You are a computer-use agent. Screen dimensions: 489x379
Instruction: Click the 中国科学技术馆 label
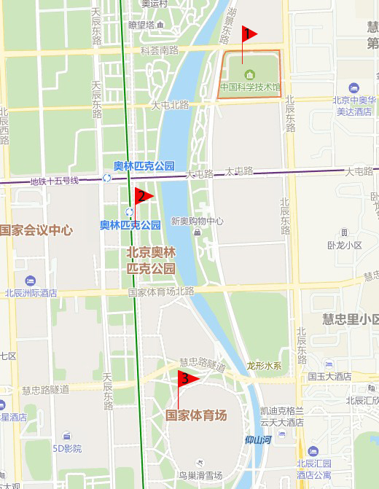250,87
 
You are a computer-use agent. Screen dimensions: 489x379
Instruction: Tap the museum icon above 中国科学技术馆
250,74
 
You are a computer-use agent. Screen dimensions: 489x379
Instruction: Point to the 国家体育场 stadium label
196,416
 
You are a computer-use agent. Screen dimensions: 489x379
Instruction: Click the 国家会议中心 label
36,230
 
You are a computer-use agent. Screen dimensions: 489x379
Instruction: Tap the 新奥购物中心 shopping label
197,222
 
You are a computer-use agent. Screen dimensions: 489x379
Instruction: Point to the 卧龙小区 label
345,246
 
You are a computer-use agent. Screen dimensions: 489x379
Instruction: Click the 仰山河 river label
258,439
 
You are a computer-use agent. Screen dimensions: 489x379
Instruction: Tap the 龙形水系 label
264,366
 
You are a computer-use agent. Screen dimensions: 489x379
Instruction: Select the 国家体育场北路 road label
162,292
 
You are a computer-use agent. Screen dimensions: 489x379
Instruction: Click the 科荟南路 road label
160,51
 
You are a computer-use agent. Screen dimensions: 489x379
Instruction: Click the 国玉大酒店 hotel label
329,377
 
